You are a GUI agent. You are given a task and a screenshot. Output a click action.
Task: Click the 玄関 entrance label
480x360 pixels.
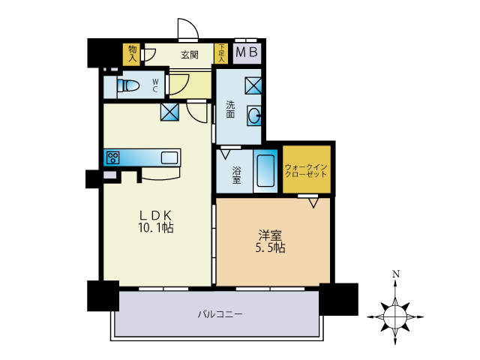(188, 54)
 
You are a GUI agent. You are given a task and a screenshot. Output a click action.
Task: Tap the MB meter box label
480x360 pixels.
(247, 52)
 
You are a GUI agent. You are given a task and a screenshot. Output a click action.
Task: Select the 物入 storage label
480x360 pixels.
(133, 53)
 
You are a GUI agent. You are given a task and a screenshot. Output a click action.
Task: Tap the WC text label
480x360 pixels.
(155, 85)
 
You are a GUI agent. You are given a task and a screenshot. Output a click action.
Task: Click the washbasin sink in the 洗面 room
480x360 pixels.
(254, 115)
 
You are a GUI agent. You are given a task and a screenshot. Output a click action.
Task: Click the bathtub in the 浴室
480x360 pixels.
(266, 172)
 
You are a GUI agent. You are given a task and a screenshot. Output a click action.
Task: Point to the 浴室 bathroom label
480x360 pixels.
(235, 174)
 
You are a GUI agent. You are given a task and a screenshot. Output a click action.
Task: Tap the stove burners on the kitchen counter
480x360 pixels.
(112, 157)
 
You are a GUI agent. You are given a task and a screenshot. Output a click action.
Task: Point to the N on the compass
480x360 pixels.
(395, 274)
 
